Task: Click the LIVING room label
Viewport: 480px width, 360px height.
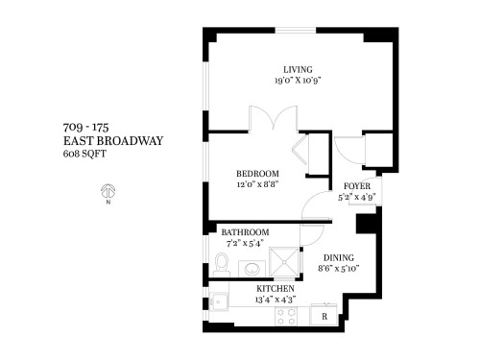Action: pos(296,68)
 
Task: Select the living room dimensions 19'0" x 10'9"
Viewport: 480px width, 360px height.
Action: pos(296,81)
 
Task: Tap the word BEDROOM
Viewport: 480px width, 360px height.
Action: pos(257,174)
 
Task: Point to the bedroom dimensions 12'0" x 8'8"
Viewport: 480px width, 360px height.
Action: pos(257,185)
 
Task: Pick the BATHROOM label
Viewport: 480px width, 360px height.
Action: pos(245,233)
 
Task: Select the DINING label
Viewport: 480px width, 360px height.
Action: pos(338,257)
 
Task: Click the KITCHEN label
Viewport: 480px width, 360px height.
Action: pos(276,289)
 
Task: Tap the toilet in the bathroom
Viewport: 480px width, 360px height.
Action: pos(221,263)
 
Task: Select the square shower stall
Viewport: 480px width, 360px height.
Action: pos(284,261)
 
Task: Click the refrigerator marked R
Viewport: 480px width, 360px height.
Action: pos(325,316)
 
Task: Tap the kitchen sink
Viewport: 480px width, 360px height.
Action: pos(218,304)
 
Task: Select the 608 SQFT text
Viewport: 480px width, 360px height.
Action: pos(84,154)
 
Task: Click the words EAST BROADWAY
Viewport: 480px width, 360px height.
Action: pos(112,140)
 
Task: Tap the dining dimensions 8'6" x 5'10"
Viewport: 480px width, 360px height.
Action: pos(337,270)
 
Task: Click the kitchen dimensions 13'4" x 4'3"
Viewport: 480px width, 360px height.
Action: pos(276,300)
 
